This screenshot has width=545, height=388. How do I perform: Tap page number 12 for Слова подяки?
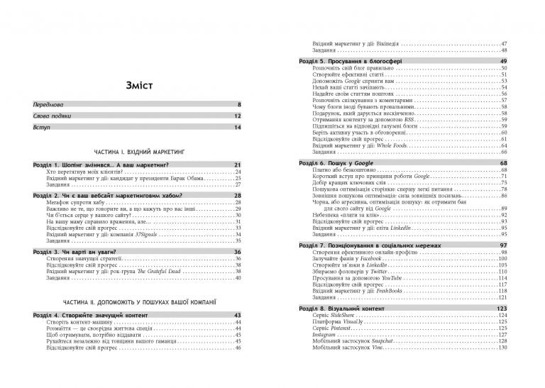pos(238,116)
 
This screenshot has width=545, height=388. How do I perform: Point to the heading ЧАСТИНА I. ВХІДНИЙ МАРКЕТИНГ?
pos(138,152)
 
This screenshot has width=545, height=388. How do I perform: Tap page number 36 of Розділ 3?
pos(238,252)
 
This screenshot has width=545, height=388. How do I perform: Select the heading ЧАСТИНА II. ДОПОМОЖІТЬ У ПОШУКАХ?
pos(138,301)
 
